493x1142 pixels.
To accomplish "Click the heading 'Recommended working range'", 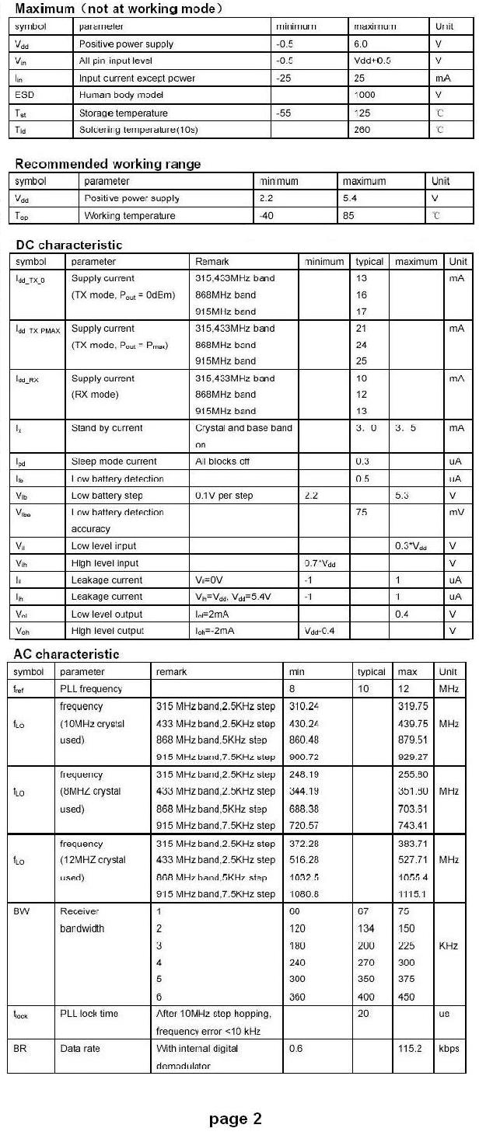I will tap(108, 164).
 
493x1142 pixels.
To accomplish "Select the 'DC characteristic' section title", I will tap(69, 245).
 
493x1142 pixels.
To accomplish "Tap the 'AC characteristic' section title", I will tap(67, 654).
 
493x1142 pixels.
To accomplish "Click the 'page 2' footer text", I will tap(236, 1119).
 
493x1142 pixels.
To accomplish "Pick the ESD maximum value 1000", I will tap(364, 95).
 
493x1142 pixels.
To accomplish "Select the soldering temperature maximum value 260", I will tap(362, 130).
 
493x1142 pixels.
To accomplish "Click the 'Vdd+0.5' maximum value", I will tap(372, 61).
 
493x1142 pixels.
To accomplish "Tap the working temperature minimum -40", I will tap(267, 216).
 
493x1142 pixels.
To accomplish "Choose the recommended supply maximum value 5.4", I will tap(350, 199).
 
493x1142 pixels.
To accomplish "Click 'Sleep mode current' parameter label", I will tap(114, 461).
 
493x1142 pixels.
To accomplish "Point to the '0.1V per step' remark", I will tap(224, 496).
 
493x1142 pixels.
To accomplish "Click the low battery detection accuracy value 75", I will tap(362, 513).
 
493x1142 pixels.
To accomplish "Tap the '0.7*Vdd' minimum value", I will tap(318, 563).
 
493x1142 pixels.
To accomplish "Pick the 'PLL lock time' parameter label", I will tap(89, 1014).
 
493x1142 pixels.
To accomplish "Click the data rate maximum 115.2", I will tap(410, 1049).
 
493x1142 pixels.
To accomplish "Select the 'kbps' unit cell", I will tap(449, 1049).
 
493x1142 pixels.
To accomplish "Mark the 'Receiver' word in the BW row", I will tap(79, 911).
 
